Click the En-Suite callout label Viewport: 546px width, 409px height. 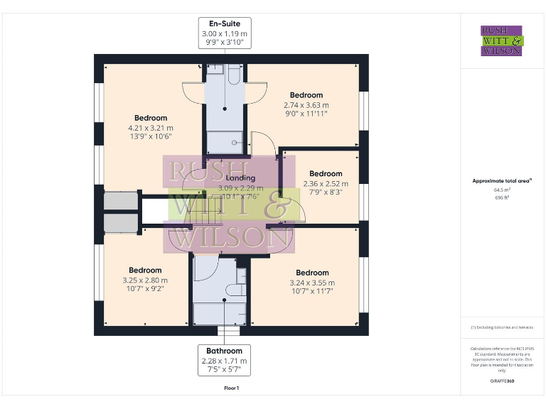[x=224, y=24]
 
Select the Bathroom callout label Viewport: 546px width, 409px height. [x=224, y=351]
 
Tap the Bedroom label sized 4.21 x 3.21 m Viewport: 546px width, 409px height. [x=151, y=118]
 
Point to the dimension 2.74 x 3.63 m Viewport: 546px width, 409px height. [x=306, y=105]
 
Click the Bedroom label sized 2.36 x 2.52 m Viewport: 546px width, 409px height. [x=326, y=173]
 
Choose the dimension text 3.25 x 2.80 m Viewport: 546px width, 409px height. [x=145, y=280]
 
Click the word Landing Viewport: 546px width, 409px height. [x=240, y=178]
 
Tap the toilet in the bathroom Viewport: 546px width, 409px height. [x=235, y=290]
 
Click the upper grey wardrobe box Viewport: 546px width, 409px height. [x=119, y=201]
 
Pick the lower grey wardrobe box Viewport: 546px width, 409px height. [x=119, y=224]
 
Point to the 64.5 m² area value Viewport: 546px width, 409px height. [x=501, y=190]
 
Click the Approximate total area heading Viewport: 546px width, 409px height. [x=501, y=181]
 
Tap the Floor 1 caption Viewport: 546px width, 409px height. [x=231, y=388]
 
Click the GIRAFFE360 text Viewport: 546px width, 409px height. [x=501, y=381]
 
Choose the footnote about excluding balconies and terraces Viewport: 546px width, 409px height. [x=501, y=327]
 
